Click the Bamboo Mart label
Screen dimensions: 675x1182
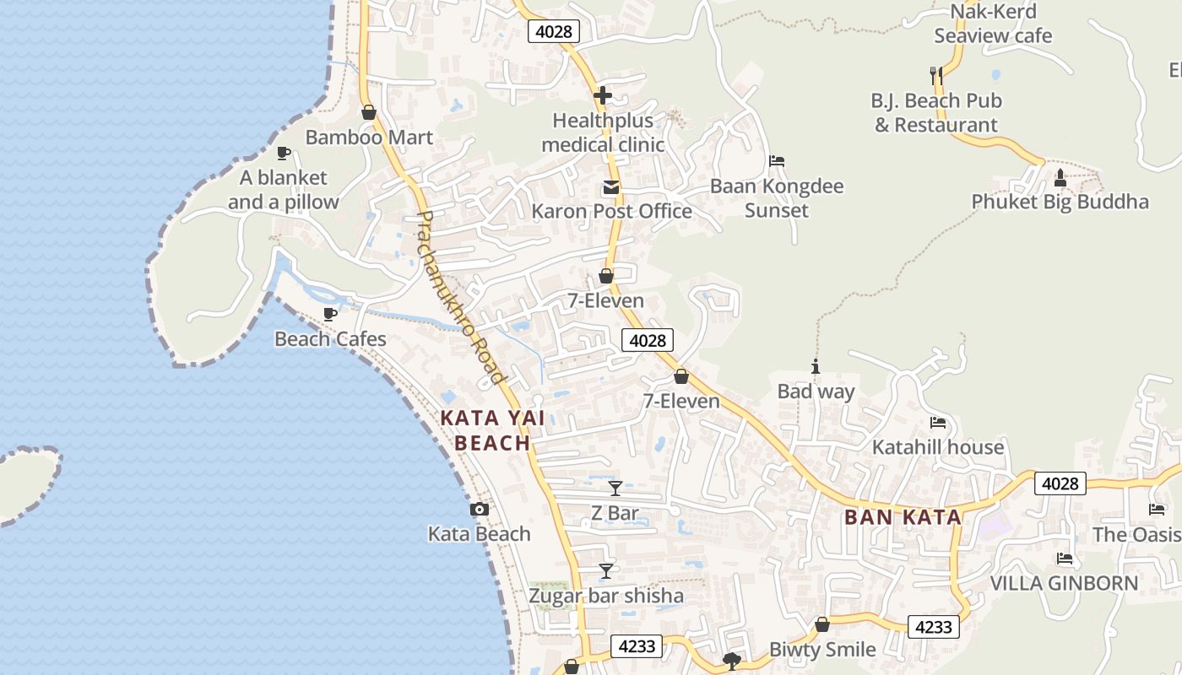pyautogui.click(x=369, y=138)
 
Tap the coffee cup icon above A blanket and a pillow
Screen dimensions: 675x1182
pyautogui.click(x=284, y=153)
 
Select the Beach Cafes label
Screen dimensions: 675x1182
pyautogui.click(x=330, y=339)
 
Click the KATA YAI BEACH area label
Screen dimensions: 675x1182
pyautogui.click(x=492, y=430)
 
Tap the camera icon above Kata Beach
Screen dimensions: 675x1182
pyautogui.click(x=479, y=509)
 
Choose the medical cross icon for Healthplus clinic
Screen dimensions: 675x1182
pyautogui.click(x=602, y=96)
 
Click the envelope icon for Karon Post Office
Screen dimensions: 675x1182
pyautogui.click(x=610, y=186)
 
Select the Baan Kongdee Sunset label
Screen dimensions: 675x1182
pyautogui.click(x=777, y=197)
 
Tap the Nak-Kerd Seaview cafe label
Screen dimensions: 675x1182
pyautogui.click(x=993, y=24)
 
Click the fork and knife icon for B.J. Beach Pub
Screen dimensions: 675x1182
pyautogui.click(x=935, y=76)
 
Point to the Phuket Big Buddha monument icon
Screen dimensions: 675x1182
pyautogui.click(x=1060, y=178)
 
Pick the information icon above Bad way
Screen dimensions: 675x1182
pyautogui.click(x=816, y=366)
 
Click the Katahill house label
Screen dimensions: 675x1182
pyautogui.click(x=938, y=447)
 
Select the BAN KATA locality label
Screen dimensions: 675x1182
pyautogui.click(x=903, y=517)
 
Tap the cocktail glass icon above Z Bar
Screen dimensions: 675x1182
pyautogui.click(x=615, y=488)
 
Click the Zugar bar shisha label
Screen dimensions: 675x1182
pyautogui.click(x=605, y=596)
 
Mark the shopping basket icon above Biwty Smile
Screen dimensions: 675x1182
pyautogui.click(x=821, y=624)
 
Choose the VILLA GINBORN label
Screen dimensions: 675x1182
pyautogui.click(x=1064, y=583)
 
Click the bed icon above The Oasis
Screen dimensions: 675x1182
pyautogui.click(x=1156, y=509)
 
